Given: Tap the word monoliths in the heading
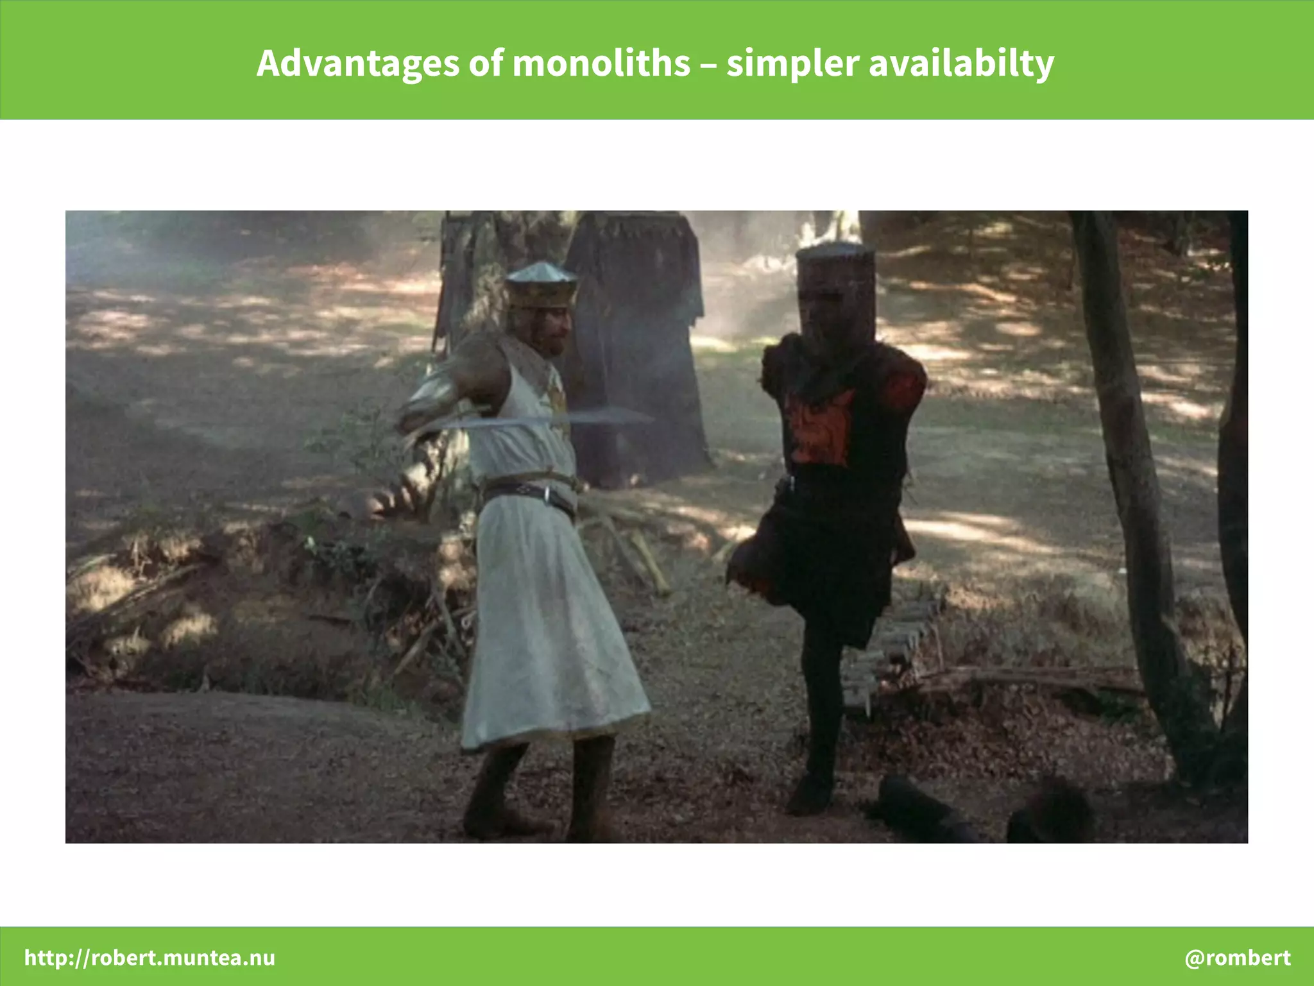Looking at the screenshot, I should [x=601, y=64].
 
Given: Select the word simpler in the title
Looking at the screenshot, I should [x=792, y=64].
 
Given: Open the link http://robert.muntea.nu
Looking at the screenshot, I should [x=149, y=957].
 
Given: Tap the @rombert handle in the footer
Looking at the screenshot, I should [x=1237, y=957].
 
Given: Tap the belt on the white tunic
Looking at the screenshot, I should [x=529, y=493].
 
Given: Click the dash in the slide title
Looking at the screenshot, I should [x=708, y=64].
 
